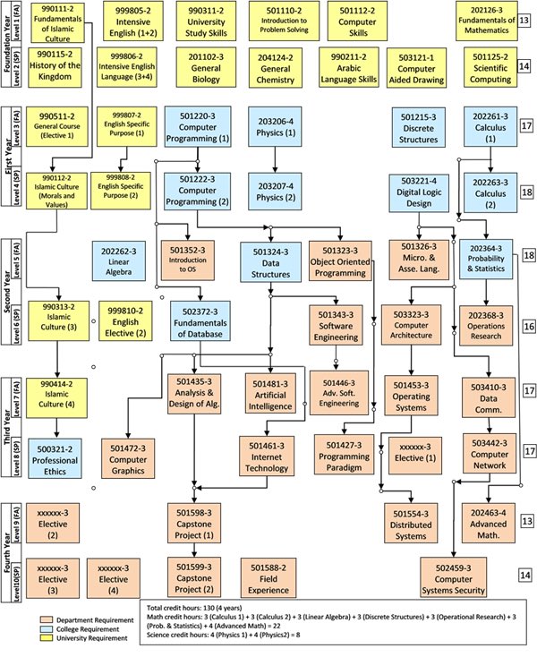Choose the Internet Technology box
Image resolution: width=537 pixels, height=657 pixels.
pos(273,456)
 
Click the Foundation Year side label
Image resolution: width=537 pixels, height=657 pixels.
pos(6,43)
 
